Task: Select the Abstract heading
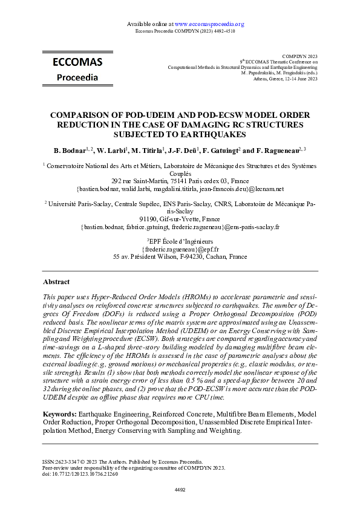(x=56, y=282)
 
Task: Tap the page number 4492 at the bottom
(x=180, y=489)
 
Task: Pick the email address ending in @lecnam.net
(x=180, y=189)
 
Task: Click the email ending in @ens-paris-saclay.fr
(x=180, y=227)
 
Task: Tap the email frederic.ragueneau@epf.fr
(x=180, y=249)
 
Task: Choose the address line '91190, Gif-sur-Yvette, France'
(x=180, y=219)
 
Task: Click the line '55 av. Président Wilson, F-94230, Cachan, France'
(x=180, y=257)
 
